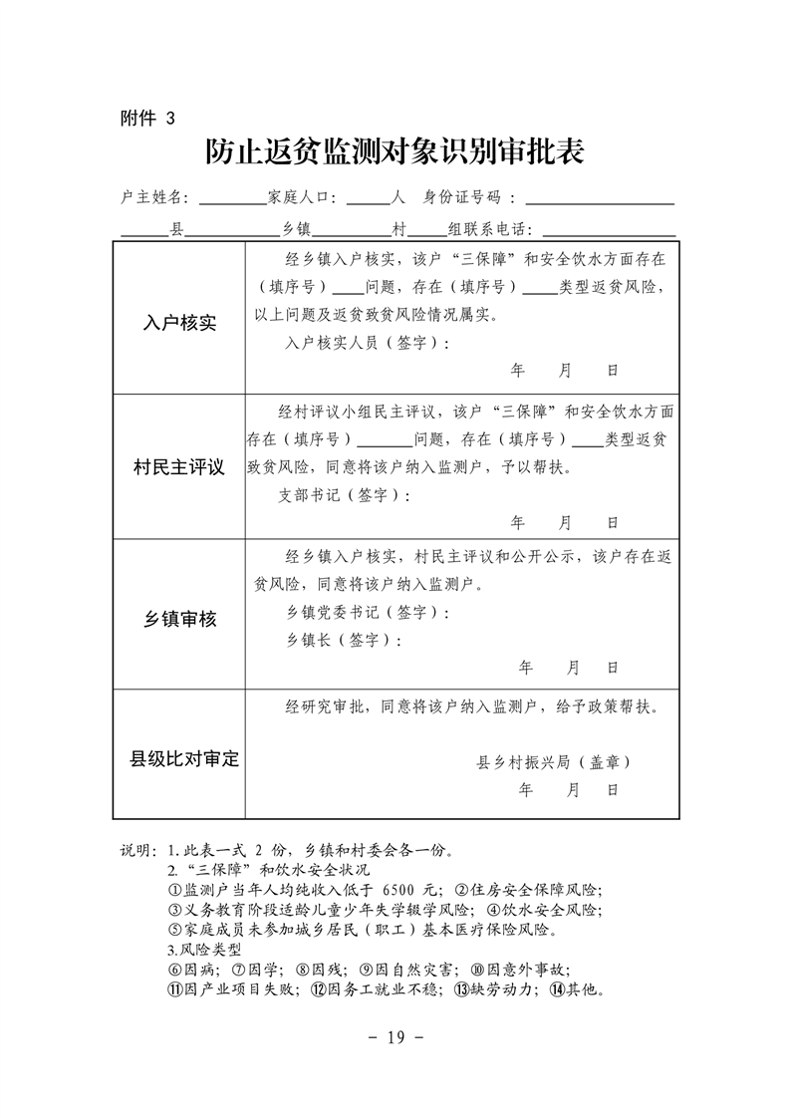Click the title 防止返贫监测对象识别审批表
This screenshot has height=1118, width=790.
[x=395, y=151]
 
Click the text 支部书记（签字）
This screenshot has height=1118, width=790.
[x=343, y=495]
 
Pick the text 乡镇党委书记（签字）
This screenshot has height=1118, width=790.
[x=367, y=612]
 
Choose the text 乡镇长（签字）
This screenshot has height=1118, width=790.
[x=343, y=640]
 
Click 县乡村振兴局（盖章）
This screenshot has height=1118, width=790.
[x=554, y=762]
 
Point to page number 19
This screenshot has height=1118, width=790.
[x=395, y=1037]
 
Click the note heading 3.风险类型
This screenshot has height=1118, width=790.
[x=197, y=950]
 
